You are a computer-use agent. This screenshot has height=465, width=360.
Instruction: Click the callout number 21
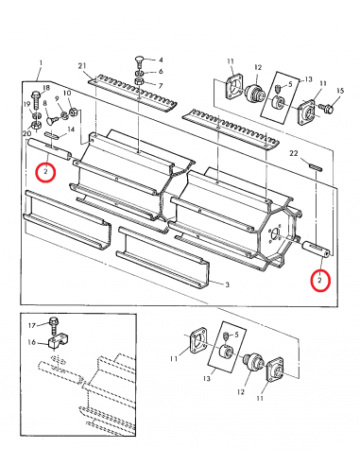click(x=82, y=66)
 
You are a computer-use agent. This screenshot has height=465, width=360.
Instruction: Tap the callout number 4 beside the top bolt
click(x=161, y=60)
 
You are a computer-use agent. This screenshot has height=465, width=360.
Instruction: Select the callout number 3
click(x=227, y=284)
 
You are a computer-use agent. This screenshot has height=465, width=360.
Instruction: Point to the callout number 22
click(x=293, y=153)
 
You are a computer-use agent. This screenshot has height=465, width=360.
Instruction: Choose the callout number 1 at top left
click(x=41, y=63)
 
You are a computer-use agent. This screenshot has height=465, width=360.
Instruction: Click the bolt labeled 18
click(x=36, y=99)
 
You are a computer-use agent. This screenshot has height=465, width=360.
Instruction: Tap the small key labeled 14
click(x=52, y=134)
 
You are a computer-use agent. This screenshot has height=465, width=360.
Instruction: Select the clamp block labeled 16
click(x=59, y=342)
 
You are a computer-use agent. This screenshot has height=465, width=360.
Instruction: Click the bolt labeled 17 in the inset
click(x=54, y=326)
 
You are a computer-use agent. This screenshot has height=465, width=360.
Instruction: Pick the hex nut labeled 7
click(x=139, y=83)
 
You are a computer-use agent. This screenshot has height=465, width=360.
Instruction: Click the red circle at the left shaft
click(x=46, y=172)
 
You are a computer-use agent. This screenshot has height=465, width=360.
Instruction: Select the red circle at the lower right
click(x=320, y=282)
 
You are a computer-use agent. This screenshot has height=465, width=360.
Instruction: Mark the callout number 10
click(x=67, y=94)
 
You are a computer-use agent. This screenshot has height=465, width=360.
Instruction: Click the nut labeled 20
click(x=36, y=125)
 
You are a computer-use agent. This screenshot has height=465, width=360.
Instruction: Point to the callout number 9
click(x=57, y=98)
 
